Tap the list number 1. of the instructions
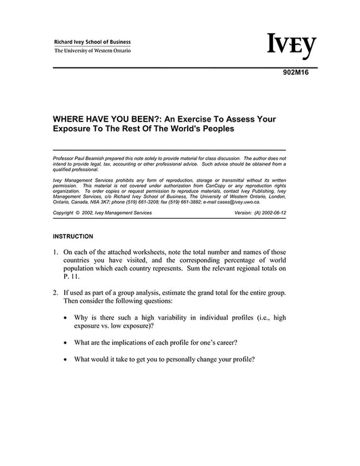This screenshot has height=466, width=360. tap(55, 252)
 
